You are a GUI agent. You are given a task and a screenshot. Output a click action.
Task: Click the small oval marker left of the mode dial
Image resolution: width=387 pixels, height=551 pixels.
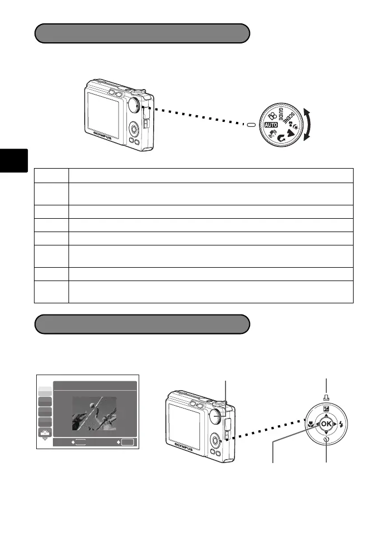tap(251, 125)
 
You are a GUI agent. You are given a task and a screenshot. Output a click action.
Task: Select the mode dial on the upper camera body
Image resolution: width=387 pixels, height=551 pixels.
tap(135, 104)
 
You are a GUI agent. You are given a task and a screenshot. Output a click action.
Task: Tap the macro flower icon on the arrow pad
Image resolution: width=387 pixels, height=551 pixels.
tap(309, 422)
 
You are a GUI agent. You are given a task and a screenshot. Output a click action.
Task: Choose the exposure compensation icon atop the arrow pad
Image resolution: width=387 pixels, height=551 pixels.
tap(325, 409)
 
